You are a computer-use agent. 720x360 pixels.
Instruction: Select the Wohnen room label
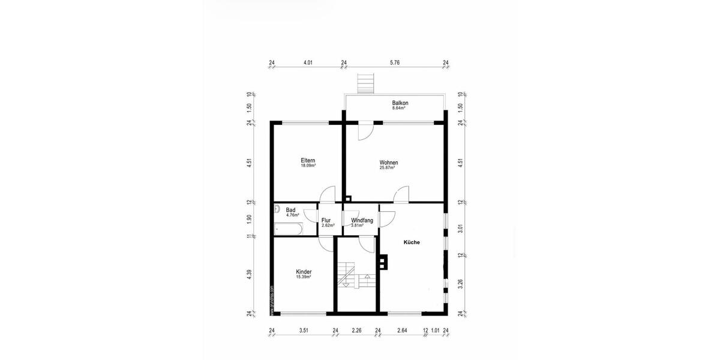388,163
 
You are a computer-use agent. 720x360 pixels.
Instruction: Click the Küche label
411,242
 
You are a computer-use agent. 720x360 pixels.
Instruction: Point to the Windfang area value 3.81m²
362,226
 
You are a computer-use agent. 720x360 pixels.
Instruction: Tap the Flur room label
326,220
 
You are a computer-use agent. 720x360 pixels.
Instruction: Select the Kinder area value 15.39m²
303,277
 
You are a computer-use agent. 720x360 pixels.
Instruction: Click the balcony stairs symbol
365,83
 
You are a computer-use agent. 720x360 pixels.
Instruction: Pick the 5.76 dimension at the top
394,62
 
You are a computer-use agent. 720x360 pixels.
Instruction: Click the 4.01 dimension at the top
308,62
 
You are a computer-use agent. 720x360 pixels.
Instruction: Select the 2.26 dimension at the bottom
356,330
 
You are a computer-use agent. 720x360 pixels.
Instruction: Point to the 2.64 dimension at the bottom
402,330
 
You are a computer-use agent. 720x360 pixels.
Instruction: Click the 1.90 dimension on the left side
249,218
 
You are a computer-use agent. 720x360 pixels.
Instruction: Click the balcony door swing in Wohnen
364,131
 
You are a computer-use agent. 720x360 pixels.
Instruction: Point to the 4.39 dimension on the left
249,274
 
